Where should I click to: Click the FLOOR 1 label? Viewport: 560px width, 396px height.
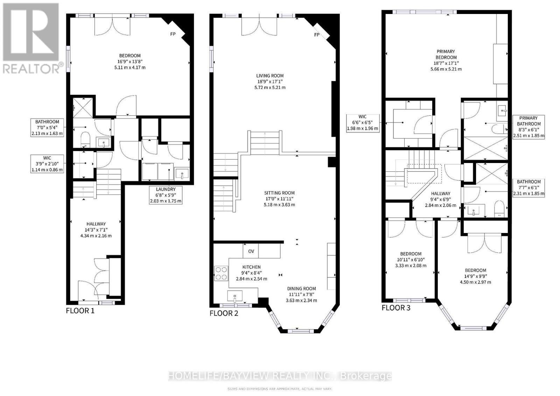[80, 311]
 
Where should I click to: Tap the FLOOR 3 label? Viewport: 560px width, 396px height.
[396, 308]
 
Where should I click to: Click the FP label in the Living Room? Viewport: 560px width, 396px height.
[317, 35]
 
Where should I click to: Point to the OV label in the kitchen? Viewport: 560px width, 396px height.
[251, 251]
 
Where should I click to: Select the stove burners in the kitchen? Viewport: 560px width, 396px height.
[221, 273]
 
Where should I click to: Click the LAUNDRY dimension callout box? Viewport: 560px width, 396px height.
[166, 195]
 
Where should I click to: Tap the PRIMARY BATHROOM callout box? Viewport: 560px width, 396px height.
[528, 127]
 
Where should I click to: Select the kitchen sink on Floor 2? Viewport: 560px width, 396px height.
[234, 296]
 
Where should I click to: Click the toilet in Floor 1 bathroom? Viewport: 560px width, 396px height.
[85, 140]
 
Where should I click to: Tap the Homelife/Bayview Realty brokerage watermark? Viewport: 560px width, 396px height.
[280, 376]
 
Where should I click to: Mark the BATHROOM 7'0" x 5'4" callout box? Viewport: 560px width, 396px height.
[47, 127]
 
